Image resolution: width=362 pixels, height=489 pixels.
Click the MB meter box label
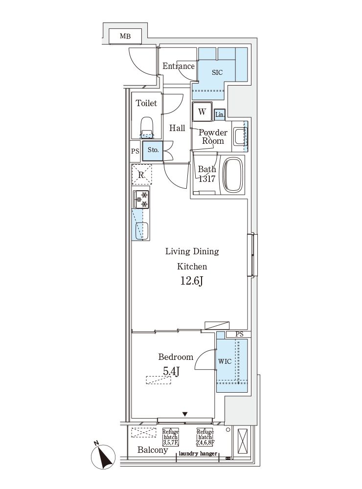point(125,36)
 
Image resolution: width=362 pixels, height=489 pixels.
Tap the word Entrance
point(178,66)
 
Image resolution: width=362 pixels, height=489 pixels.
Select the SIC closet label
point(217,72)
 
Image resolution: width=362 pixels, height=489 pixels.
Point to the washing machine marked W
point(202,111)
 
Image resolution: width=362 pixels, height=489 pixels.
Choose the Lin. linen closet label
point(220,114)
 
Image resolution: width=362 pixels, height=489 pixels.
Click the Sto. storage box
point(153,151)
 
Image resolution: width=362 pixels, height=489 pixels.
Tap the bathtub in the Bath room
point(233,175)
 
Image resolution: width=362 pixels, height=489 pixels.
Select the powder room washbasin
point(240,136)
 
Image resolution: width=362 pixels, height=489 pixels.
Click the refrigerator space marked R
point(141,175)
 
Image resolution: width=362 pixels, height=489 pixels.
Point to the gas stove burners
point(141,200)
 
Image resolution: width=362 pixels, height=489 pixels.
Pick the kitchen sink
point(141,231)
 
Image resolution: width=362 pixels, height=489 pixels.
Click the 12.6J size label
point(192,281)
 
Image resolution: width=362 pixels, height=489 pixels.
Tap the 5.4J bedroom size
point(171,371)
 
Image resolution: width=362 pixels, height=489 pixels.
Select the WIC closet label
point(225,361)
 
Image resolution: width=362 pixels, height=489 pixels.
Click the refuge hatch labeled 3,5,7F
point(170,437)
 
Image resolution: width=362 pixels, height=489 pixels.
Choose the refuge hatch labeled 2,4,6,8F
point(205,437)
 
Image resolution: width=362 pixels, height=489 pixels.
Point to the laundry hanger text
point(198,453)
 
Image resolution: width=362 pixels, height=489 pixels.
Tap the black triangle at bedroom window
point(185,414)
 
